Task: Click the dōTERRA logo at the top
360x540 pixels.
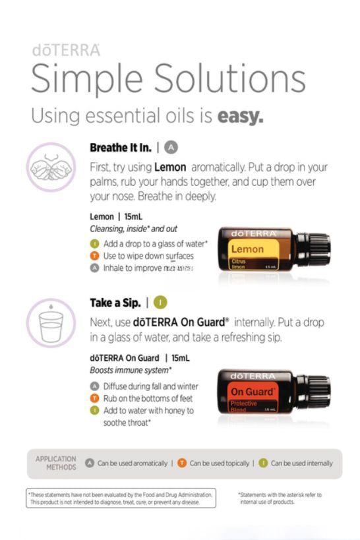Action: (x=65, y=50)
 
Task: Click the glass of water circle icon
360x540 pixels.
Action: (x=50, y=324)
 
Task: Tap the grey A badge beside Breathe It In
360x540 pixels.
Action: (x=171, y=147)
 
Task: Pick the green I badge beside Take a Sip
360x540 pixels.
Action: (x=160, y=303)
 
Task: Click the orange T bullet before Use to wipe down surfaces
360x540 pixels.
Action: (x=95, y=255)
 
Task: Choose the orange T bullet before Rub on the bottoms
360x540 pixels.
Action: (x=95, y=398)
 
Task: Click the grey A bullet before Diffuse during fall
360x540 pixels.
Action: (x=95, y=386)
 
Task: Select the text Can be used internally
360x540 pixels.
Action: (x=301, y=463)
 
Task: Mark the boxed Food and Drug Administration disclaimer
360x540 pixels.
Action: (x=121, y=498)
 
